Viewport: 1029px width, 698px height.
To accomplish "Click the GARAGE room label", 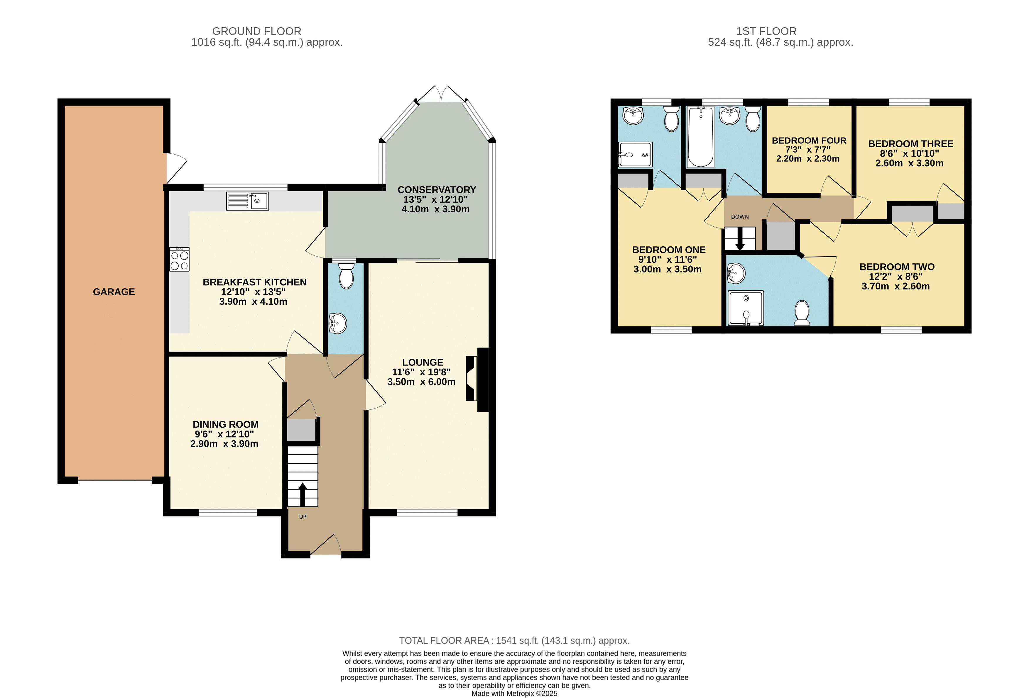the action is [x=114, y=292].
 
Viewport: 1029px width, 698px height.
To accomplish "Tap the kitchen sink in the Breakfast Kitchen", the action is [x=248, y=201].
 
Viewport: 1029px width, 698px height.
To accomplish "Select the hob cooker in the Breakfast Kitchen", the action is [x=179, y=259].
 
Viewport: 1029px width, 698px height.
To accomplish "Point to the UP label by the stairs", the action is [x=303, y=516].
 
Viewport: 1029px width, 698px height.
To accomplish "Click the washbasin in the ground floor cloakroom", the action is [x=338, y=323].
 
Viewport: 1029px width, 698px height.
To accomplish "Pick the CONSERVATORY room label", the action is [x=437, y=190].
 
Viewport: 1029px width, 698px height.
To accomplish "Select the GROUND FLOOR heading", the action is [x=257, y=31].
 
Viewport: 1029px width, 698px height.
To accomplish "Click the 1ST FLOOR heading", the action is [x=766, y=31].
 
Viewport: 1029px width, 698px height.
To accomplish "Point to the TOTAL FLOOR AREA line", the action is [x=514, y=641].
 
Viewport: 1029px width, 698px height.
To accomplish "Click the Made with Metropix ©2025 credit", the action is [x=514, y=694].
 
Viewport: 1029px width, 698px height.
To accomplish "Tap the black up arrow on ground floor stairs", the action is [x=303, y=494].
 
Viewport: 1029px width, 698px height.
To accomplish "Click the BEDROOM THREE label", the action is [x=911, y=144].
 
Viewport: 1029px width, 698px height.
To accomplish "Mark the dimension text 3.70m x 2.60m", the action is [x=896, y=286].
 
